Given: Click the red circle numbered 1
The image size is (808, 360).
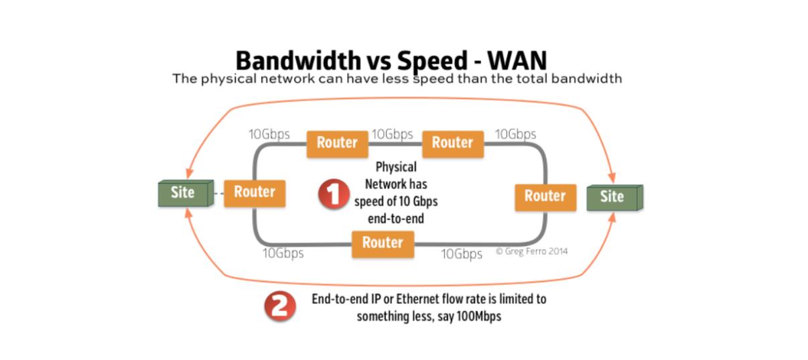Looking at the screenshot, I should pyautogui.click(x=333, y=194).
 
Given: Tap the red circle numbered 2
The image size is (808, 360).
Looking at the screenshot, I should pyautogui.click(x=280, y=307).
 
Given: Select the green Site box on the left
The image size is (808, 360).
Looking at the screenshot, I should pyautogui.click(x=183, y=193).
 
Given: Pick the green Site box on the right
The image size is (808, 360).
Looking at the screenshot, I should pyautogui.click(x=612, y=197).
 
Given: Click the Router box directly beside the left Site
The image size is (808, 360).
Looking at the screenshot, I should pyautogui.click(x=255, y=192).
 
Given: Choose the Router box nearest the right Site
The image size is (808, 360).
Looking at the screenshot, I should pyautogui.click(x=545, y=196).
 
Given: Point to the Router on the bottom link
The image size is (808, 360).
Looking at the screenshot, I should pyautogui.click(x=383, y=243).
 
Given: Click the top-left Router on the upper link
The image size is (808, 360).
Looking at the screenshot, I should pyautogui.click(x=337, y=143).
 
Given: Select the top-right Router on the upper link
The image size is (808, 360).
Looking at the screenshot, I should pyautogui.click(x=452, y=143).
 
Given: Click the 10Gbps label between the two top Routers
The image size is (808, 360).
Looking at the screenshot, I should pyautogui.click(x=392, y=135).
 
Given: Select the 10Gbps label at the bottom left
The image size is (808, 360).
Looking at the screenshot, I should pyautogui.click(x=283, y=253).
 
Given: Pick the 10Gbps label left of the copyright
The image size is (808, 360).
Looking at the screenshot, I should pyautogui.click(x=462, y=254).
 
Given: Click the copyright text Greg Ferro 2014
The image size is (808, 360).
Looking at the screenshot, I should pyautogui.click(x=533, y=251).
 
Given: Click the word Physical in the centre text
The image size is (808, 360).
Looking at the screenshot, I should pyautogui.click(x=395, y=167).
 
